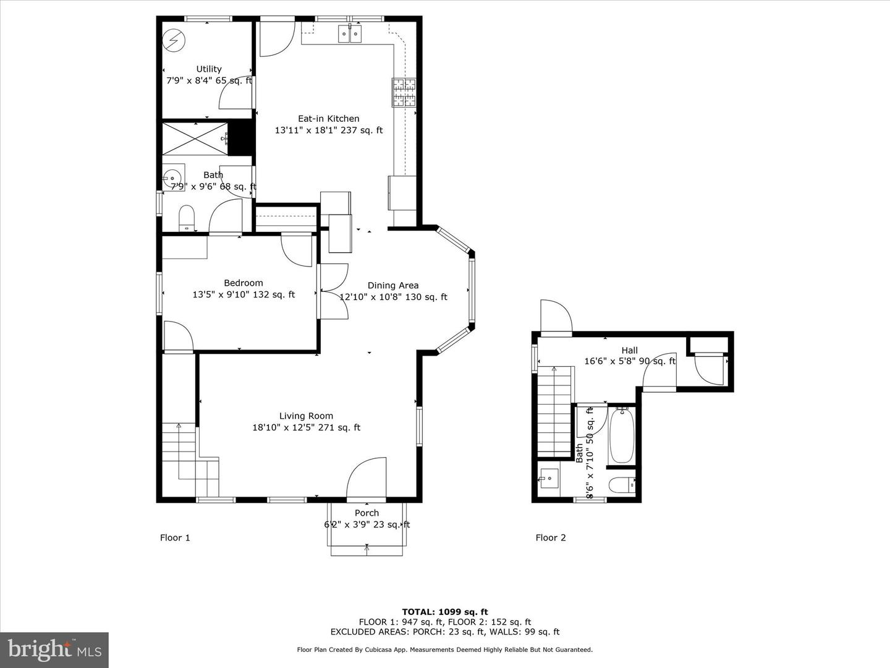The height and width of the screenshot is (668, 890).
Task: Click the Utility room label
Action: click(209, 69)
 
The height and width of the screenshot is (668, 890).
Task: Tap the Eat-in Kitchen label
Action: click(328, 119)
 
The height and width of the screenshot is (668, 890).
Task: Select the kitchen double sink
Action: click(350, 33)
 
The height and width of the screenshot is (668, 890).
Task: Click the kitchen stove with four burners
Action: click(404, 93)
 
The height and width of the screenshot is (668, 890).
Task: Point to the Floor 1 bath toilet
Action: click(186, 218)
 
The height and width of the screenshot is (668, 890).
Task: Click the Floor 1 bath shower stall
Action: click(195, 139)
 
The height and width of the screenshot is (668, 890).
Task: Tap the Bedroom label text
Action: click(244, 283)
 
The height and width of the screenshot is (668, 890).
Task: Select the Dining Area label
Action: click(393, 286)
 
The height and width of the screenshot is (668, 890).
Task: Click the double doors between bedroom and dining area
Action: click(333, 291)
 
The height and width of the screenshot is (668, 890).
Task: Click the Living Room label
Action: click(306, 416)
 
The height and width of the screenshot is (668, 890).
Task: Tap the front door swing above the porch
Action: click(367, 478)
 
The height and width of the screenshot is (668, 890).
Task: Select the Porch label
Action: click(367, 513)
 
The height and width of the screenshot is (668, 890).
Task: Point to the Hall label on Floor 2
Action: click(630, 351)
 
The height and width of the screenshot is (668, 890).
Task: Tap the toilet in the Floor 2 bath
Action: click(622, 486)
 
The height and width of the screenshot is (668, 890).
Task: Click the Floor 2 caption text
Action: click(551, 537)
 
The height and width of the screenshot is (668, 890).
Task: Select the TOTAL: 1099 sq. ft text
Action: click(445, 612)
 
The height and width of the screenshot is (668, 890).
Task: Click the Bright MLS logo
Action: click(54, 649)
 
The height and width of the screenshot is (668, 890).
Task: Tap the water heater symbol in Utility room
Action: click(174, 41)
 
